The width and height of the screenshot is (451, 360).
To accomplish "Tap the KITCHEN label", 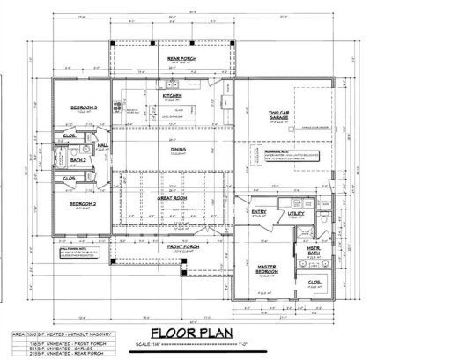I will pos(172,95).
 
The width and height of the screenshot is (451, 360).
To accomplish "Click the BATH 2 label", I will pos(78,160).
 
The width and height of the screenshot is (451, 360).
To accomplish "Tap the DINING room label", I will pos(179,150).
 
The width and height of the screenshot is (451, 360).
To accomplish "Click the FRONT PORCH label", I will pos(181,246).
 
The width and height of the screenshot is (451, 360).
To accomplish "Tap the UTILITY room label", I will pos(295,213).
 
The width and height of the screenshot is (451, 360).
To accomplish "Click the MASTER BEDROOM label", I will pos(267,267).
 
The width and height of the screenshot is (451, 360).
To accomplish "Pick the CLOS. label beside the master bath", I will pos(315,283).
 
